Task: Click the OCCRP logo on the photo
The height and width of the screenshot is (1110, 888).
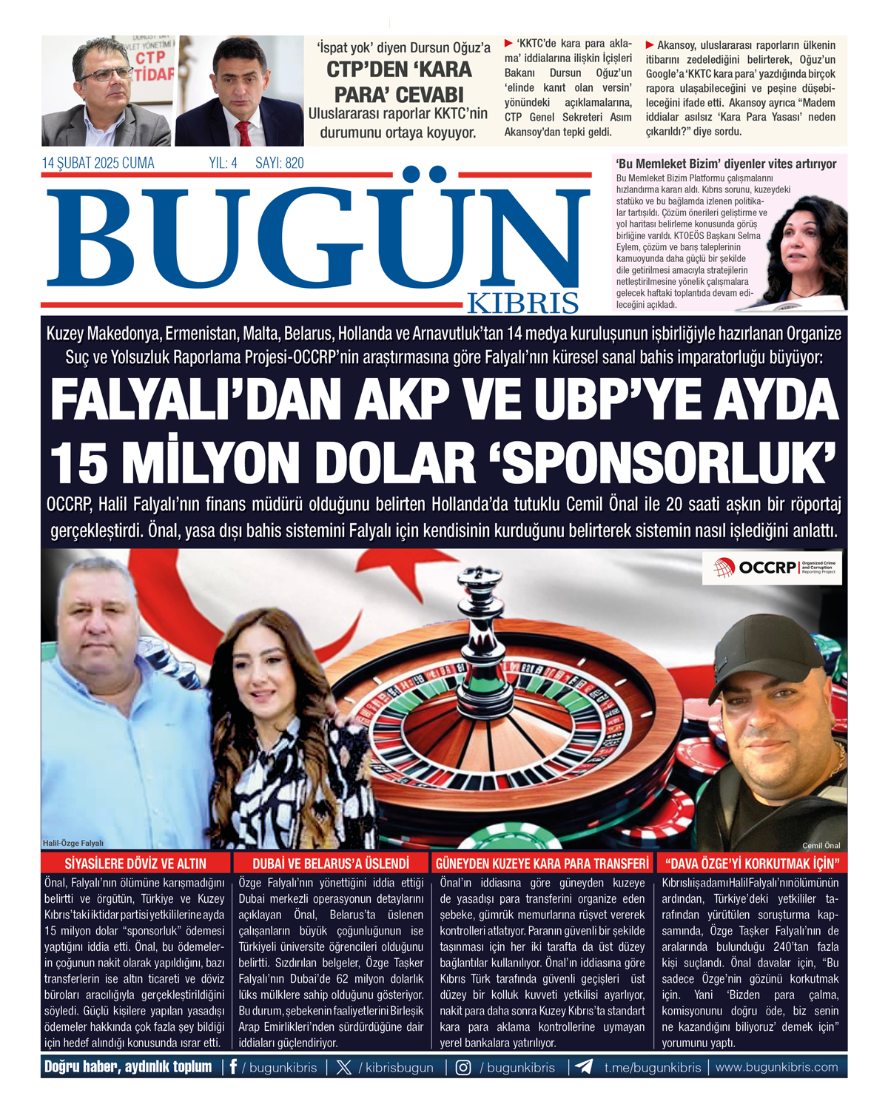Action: coord(772,568)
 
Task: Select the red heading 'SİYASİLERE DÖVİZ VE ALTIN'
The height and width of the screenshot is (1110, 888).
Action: coord(135,864)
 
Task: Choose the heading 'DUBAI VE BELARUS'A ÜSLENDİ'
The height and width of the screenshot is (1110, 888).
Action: coord(330,864)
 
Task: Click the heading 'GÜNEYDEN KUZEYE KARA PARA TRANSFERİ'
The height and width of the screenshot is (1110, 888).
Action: coord(542,864)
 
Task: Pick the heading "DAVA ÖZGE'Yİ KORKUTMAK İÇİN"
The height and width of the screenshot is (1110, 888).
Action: coord(752,864)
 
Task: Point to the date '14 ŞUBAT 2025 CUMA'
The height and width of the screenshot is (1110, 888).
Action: coord(98,164)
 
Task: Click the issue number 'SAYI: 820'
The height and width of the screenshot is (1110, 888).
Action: coord(279,164)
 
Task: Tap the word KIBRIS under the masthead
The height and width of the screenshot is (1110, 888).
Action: coord(533,303)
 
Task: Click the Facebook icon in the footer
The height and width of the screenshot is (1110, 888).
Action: coord(234,1067)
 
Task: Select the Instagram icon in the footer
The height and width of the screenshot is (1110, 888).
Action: coord(463,1067)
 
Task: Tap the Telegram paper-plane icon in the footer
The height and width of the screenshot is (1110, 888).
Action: coord(584,1067)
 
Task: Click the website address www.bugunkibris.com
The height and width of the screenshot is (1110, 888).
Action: coord(776,1067)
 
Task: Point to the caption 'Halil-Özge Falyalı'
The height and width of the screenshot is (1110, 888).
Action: coord(73,843)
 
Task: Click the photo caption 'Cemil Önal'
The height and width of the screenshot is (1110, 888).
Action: coord(821,845)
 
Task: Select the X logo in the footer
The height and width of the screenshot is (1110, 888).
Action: coord(344,1067)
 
